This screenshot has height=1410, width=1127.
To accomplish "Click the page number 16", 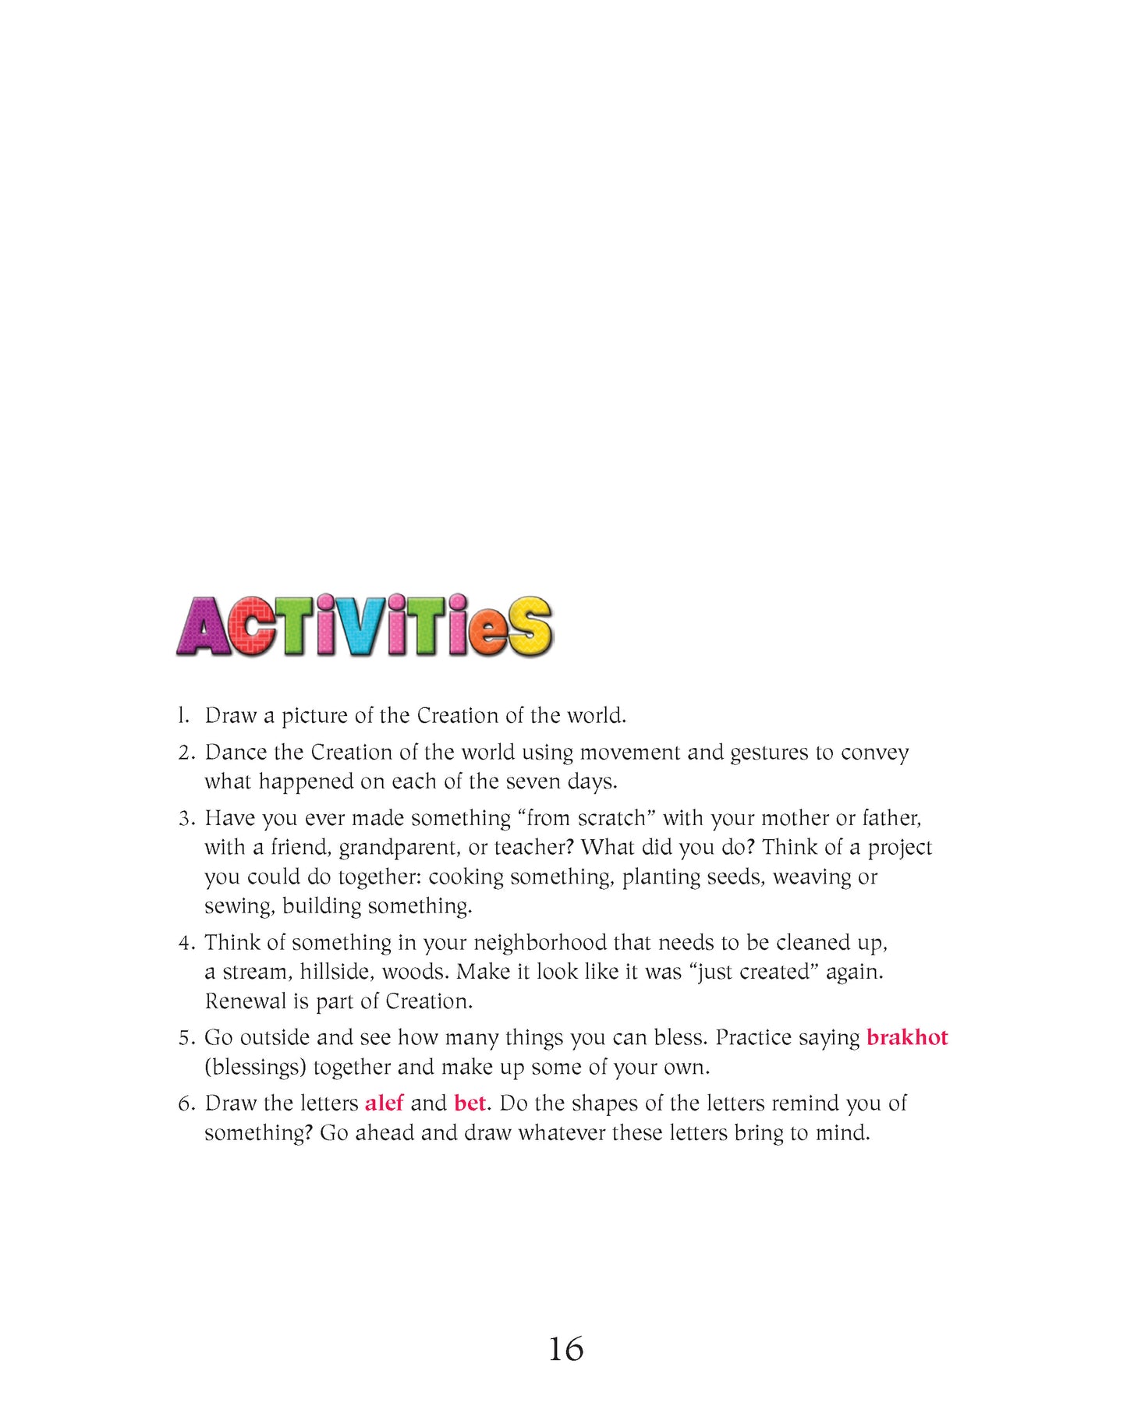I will pos(565,1349).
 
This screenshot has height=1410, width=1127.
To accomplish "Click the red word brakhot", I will pos(907,1038).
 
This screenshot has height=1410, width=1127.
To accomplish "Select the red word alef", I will pos(384,1104).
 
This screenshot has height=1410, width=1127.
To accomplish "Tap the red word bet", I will pos(470,1104).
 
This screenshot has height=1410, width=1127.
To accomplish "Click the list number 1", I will pos(183,716).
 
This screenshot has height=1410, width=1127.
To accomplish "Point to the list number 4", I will pos(186,943).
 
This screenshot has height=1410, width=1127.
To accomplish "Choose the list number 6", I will pos(186,1104).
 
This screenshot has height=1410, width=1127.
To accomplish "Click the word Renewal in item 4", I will pos(245,1001).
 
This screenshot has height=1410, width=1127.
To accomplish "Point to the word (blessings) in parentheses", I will pos(255,1068).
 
